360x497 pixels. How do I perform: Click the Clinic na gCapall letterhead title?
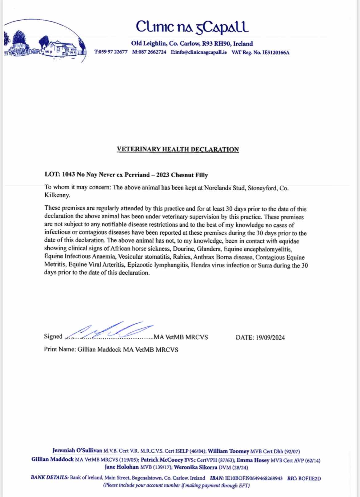pos(192,27)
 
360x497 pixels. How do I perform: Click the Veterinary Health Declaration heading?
pos(178,149)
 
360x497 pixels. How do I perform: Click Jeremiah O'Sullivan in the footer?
pos(77,451)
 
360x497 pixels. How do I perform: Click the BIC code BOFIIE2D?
pos(310,478)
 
